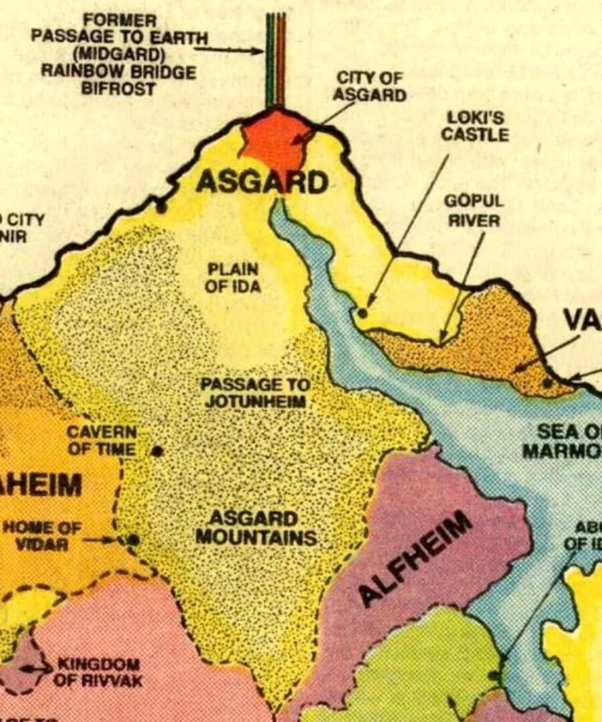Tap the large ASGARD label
(262, 182)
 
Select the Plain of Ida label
(233, 278)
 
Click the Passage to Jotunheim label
(256, 393)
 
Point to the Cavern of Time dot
(157, 451)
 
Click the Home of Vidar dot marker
(133, 539)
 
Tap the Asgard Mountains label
(256, 528)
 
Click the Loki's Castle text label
(474, 126)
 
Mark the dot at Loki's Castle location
(363, 312)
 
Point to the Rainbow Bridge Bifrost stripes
(276, 60)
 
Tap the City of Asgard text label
(369, 86)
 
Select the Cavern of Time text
(102, 440)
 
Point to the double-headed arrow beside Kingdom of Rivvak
(35, 668)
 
